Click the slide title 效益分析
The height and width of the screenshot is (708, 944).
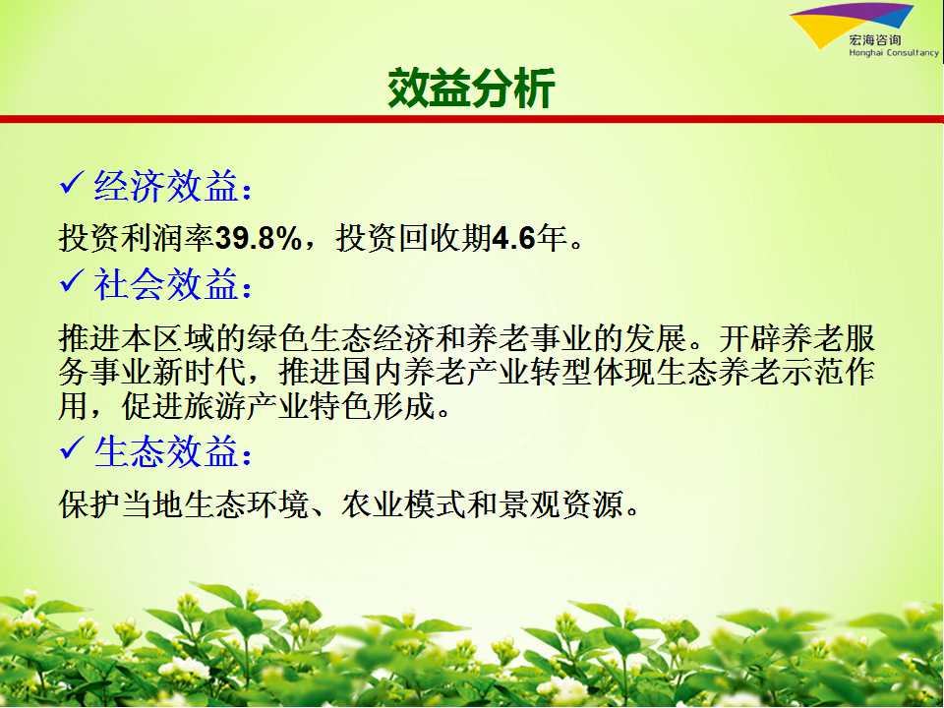point(471,88)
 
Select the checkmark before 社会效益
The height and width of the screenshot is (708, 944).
point(72,282)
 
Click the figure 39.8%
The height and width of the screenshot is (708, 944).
point(259,238)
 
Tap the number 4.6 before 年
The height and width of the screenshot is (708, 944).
point(513,238)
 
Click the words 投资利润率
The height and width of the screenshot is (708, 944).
point(137,238)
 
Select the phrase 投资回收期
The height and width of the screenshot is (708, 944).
point(414,238)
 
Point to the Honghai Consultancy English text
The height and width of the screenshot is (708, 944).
point(894,53)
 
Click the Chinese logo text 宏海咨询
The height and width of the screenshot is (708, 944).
point(875,39)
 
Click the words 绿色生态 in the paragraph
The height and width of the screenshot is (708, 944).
point(310,338)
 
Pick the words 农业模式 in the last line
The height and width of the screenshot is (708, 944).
point(404,503)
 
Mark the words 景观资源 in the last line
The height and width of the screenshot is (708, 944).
point(560,503)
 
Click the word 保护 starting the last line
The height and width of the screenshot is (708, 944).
point(90,503)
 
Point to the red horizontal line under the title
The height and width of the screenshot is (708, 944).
point(472,119)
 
